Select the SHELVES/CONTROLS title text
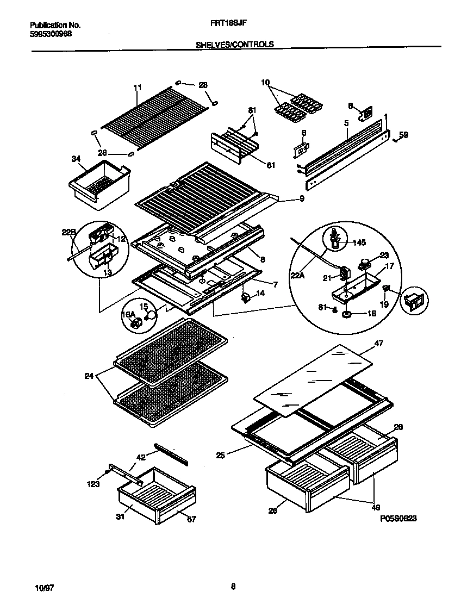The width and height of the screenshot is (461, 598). (x=234, y=45)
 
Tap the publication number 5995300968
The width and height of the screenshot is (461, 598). (x=51, y=34)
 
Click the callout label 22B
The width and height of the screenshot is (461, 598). (x=69, y=233)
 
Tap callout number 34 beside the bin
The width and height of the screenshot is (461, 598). (x=76, y=159)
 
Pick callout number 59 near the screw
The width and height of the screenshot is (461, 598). (x=403, y=135)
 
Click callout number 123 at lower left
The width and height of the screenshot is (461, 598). (x=93, y=484)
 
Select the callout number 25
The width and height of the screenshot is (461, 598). (x=220, y=455)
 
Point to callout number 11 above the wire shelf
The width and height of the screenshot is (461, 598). (x=137, y=87)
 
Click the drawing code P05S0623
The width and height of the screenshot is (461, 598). (x=398, y=519)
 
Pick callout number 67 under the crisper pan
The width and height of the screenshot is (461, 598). (x=191, y=519)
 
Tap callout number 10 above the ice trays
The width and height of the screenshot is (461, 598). (x=265, y=83)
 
